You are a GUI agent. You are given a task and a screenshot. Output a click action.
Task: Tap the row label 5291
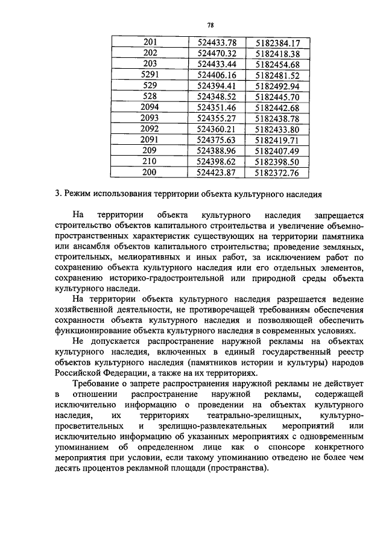(149, 75)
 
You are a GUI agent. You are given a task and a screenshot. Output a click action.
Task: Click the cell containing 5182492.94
(277, 86)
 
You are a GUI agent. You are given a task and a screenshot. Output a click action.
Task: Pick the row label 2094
(149, 107)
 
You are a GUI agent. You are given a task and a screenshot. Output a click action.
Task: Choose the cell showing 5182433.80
(277, 129)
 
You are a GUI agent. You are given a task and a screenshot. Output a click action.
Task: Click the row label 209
(149, 151)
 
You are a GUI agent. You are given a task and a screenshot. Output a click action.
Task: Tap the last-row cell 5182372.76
(277, 173)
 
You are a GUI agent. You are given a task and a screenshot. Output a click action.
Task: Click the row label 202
(149, 53)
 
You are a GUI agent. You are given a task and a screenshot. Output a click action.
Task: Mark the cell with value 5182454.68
(277, 64)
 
